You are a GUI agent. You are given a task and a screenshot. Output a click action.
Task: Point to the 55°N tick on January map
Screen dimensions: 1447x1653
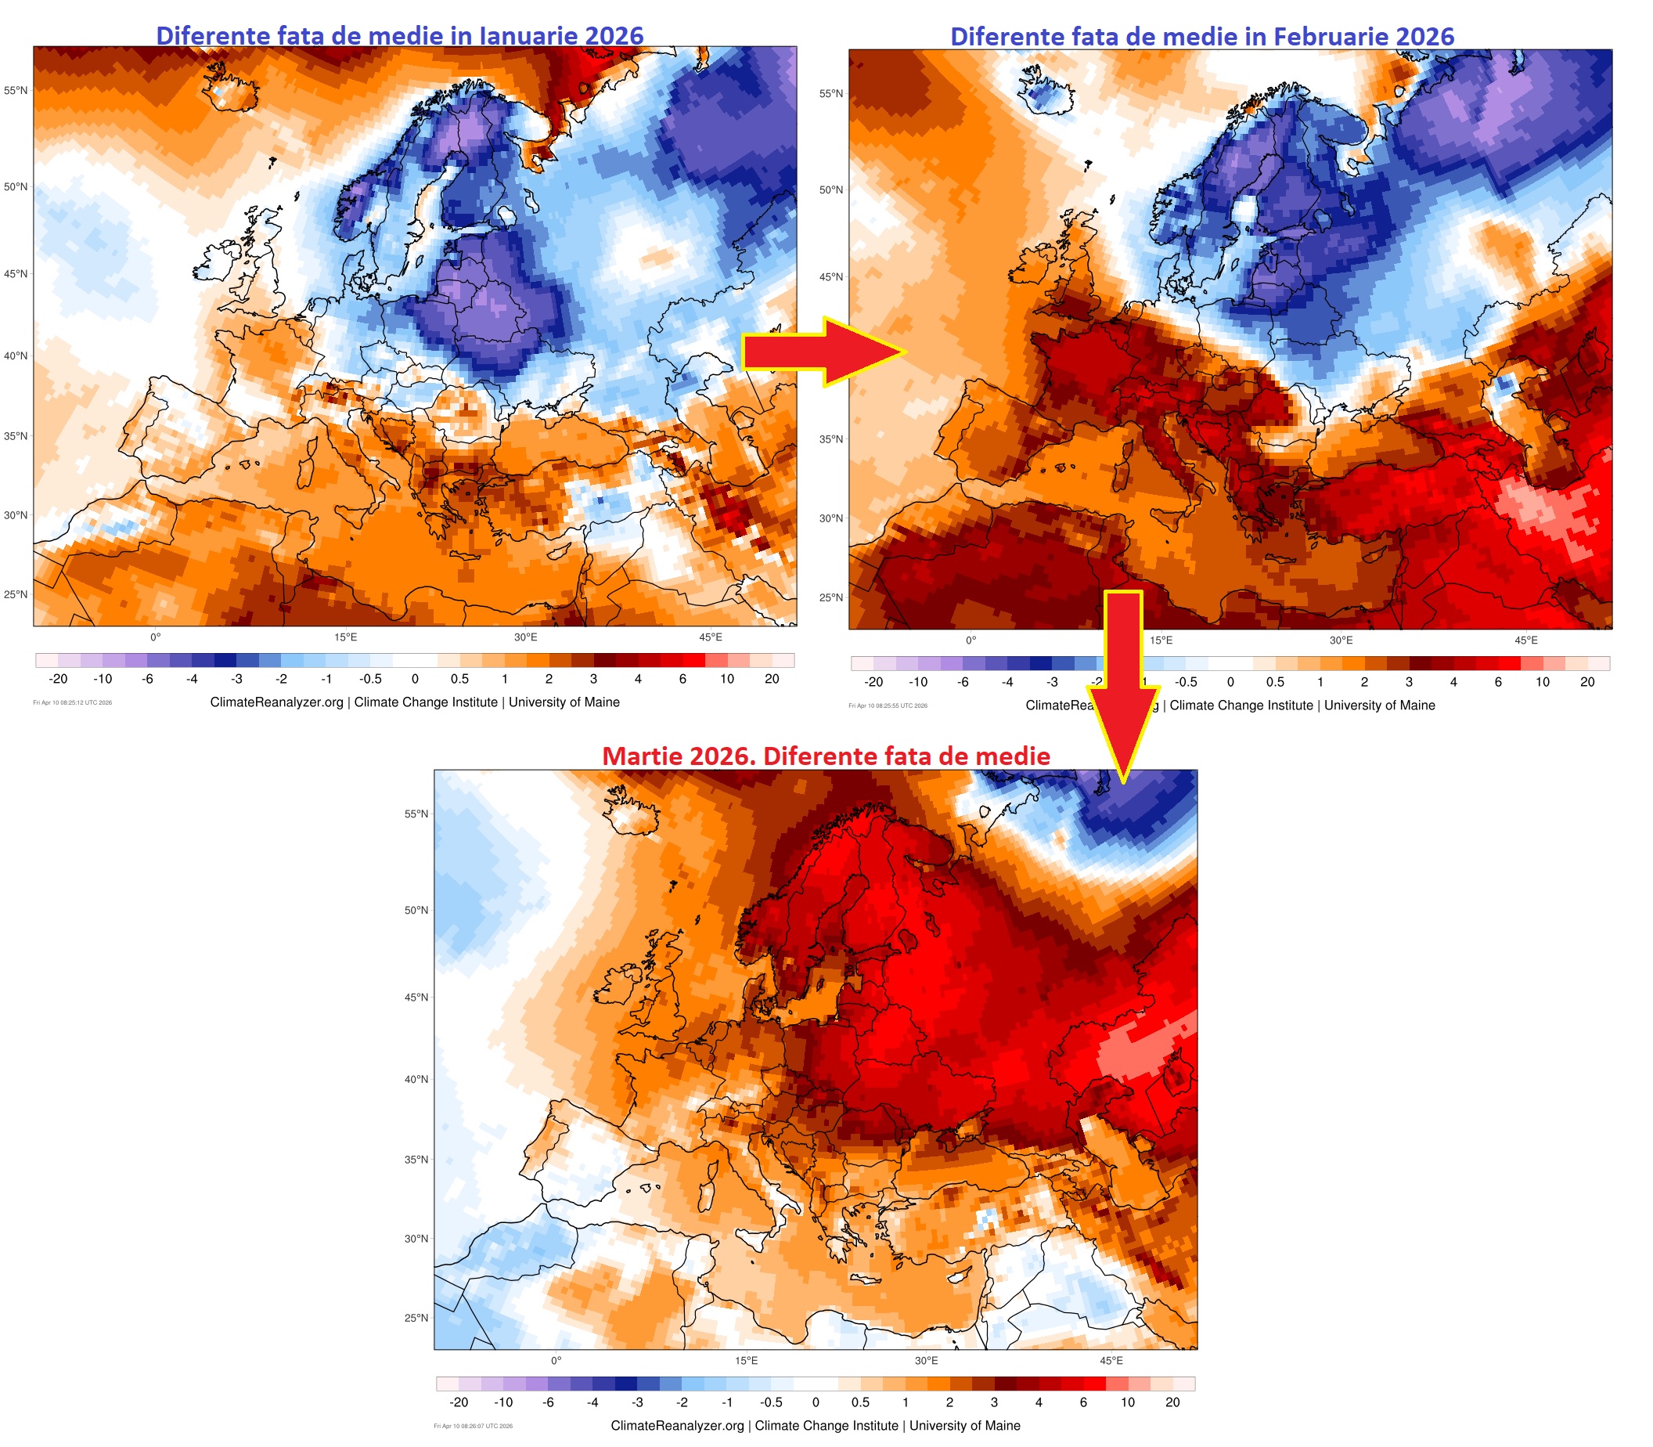(16, 91)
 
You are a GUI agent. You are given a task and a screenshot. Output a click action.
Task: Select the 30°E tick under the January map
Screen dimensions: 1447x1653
(526, 637)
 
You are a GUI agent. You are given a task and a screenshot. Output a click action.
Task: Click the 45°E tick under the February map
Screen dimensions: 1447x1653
(1525, 641)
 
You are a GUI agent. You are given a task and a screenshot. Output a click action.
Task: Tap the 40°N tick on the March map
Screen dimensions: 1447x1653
(416, 1079)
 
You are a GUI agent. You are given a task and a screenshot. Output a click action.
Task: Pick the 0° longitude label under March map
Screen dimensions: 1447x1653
(556, 1361)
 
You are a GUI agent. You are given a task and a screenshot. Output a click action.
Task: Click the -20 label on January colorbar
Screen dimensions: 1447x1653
(58, 679)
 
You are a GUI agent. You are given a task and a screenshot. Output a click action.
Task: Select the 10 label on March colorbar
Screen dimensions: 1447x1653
(1128, 1402)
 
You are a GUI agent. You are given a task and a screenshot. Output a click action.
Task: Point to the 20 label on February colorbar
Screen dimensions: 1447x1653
(1587, 681)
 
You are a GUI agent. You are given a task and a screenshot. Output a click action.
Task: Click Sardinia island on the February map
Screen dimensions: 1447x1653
(1120, 475)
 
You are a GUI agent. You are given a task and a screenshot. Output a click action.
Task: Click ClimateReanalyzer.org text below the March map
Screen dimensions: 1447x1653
(678, 1426)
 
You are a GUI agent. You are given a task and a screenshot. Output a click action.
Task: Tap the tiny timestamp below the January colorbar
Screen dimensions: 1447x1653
(73, 702)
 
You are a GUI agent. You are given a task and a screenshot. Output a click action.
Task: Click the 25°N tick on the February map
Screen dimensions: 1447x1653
(830, 597)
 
